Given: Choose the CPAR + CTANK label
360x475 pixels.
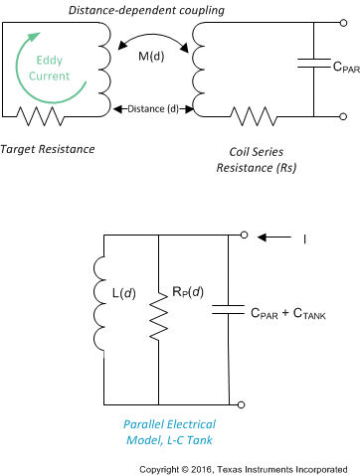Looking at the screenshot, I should tap(287, 314).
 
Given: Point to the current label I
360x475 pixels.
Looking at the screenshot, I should tap(302, 238).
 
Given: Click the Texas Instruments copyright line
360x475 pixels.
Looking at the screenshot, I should tap(249, 467).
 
